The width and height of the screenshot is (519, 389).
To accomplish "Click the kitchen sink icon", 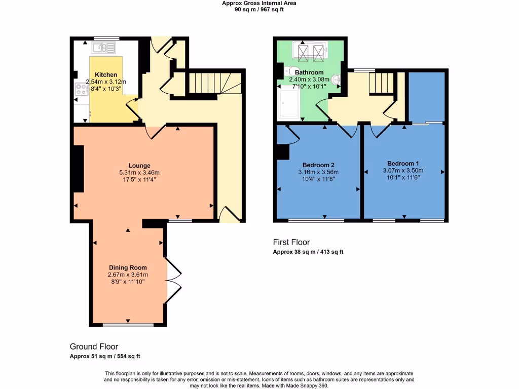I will tap(105, 48).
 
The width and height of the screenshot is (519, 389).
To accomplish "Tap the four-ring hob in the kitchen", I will tap(81, 90).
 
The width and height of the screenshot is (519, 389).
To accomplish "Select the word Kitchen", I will tap(106, 75).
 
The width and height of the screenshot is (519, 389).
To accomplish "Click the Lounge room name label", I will tap(139, 166).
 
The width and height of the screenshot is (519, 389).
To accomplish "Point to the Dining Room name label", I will tap(128, 267).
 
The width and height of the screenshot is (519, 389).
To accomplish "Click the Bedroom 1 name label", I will tap(403, 164).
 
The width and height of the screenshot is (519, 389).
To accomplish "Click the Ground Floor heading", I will tap(94, 346).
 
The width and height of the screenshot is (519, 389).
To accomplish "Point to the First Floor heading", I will tap(291, 242).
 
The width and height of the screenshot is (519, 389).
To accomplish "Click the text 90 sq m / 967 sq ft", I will tap(259, 9).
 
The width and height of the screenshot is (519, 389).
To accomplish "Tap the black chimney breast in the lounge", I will tap(78, 169).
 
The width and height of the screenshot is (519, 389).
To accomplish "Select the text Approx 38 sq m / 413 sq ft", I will tap(308, 252).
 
